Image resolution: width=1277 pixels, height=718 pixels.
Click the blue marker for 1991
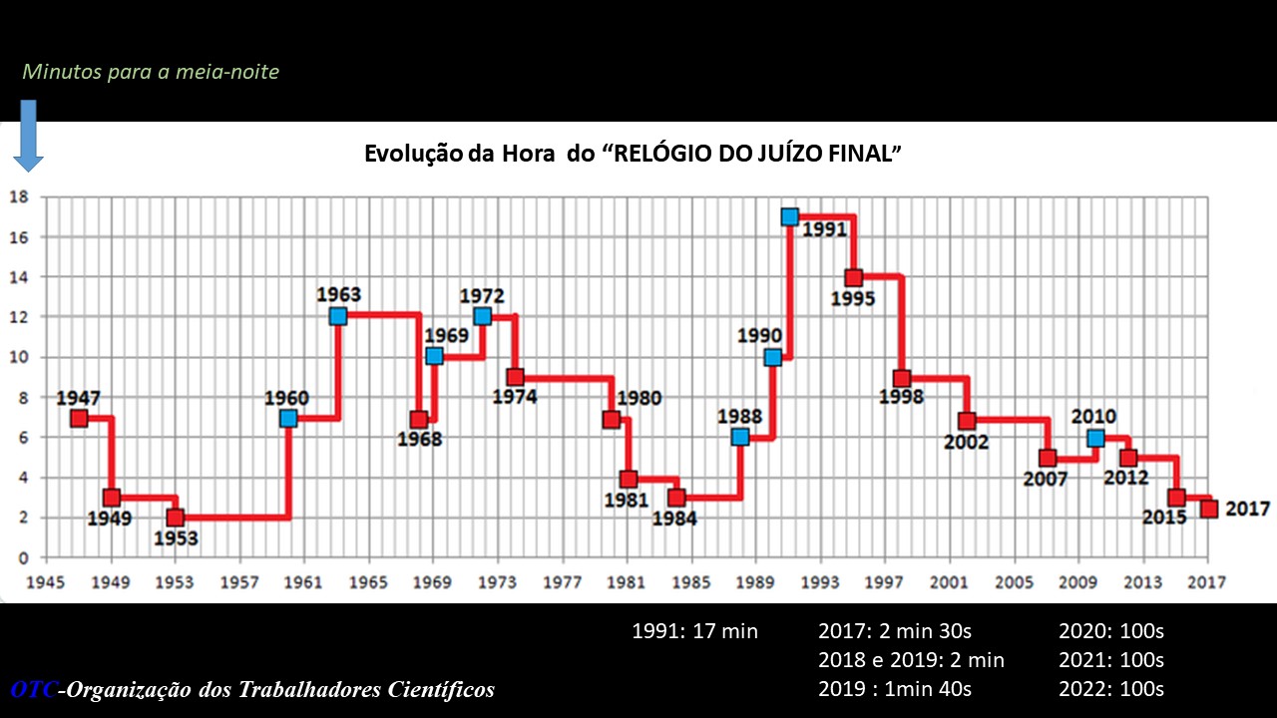click(789, 216)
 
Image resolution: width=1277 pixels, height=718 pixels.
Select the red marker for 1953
click(176, 518)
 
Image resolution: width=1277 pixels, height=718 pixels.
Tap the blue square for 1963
click(338, 316)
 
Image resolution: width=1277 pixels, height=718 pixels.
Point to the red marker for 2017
click(1209, 509)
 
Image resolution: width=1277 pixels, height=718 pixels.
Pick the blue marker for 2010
click(1095, 438)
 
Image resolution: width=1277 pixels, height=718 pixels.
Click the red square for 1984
click(676, 498)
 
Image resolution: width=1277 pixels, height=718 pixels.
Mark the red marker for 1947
click(79, 418)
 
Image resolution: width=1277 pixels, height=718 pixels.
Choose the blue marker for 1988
click(739, 437)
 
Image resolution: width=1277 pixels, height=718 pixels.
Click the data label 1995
click(853, 298)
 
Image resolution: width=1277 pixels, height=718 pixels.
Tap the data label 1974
click(515, 397)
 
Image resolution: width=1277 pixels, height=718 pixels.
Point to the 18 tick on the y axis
click(17, 196)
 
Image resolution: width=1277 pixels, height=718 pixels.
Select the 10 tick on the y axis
click(17, 357)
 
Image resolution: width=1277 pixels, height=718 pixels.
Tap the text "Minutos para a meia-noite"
click(151, 72)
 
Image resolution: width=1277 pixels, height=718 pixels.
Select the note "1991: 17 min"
click(695, 630)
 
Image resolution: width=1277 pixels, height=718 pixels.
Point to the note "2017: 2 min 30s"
click(895, 630)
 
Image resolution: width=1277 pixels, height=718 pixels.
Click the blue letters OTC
click(34, 689)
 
